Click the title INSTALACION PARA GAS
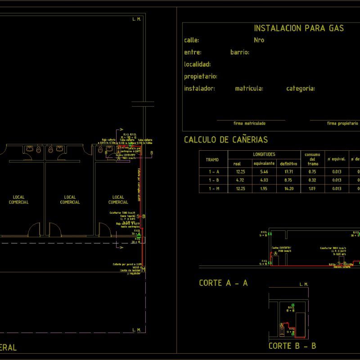tap(299, 28)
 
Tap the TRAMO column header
tap(212, 160)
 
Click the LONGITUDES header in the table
tap(264, 154)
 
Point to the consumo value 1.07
tap(312, 189)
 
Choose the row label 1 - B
tap(214, 180)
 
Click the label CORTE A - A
tap(223, 283)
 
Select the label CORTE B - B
tap(292, 346)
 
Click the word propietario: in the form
tap(201, 76)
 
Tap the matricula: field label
tap(249, 89)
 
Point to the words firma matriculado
tap(249, 123)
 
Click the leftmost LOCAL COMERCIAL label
tap(18, 200)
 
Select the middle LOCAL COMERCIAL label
tap(70, 200)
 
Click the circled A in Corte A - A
tap(276, 254)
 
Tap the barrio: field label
tap(240, 52)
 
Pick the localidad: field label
tap(198, 64)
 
